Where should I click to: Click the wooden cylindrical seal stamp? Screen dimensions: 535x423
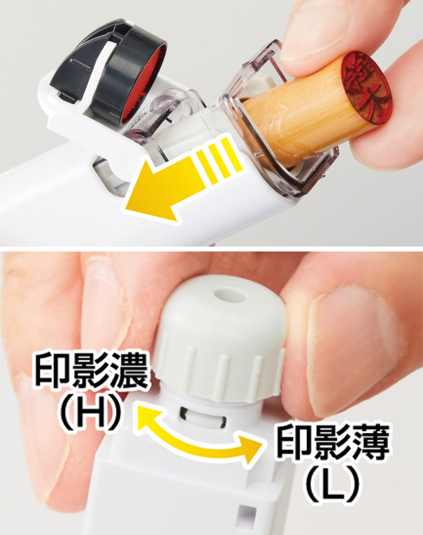[x=294, y=119]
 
